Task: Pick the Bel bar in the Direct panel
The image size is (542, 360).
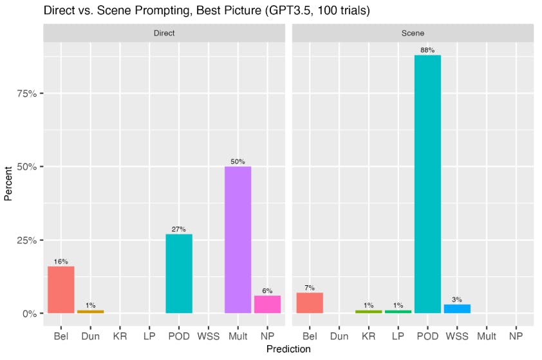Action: click(x=61, y=290)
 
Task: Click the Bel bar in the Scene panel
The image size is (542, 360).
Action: click(x=310, y=303)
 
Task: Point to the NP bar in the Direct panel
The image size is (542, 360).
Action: click(x=267, y=305)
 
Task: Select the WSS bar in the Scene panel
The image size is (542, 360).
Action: click(x=457, y=309)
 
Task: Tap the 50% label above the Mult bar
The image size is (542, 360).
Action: click(x=238, y=162)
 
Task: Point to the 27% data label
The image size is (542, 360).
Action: click(x=179, y=229)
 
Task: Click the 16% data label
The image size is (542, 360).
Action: click(x=61, y=261)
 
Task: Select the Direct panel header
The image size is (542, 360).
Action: click(x=164, y=33)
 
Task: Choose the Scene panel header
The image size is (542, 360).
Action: click(x=413, y=33)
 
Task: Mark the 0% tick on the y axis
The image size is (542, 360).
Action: click(x=28, y=314)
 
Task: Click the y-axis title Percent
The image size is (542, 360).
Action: click(x=8, y=184)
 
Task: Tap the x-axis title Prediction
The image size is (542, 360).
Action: click(x=288, y=349)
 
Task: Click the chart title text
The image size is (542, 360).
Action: click(x=206, y=10)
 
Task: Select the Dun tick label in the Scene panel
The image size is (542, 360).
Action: click(x=339, y=336)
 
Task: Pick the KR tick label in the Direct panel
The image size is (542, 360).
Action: click(x=120, y=336)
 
